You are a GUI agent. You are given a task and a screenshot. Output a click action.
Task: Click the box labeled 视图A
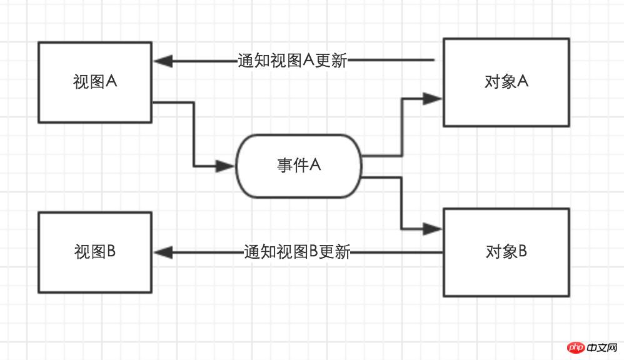[95, 82]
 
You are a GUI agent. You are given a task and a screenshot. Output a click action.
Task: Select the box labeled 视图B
[95, 252]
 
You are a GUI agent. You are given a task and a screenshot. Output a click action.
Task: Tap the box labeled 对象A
[506, 82]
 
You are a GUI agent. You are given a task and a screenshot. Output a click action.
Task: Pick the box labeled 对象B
[506, 252]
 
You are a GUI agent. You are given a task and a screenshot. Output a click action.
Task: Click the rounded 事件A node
[299, 166]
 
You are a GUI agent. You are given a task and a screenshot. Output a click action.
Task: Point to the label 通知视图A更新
[292, 61]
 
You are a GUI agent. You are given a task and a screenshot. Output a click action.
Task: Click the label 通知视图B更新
[296, 252]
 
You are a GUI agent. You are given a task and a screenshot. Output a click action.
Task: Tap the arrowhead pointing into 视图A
[163, 61]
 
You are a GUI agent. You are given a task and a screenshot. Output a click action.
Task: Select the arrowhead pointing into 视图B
[163, 252]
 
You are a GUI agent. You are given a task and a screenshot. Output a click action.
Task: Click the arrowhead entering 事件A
[226, 166]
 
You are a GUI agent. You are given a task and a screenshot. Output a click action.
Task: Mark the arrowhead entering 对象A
[433, 98]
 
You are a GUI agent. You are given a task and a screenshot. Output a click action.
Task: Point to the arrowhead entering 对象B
[433, 229]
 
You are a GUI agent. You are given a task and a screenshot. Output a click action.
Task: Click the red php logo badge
[576, 347]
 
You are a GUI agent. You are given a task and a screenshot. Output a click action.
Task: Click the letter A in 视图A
[112, 81]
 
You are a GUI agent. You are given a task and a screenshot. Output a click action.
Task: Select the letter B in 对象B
[523, 251]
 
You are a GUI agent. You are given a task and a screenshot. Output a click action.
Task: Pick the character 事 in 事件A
[284, 166]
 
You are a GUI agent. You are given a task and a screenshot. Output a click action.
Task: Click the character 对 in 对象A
[491, 82]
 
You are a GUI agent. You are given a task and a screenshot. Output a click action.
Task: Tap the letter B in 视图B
[112, 251]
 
